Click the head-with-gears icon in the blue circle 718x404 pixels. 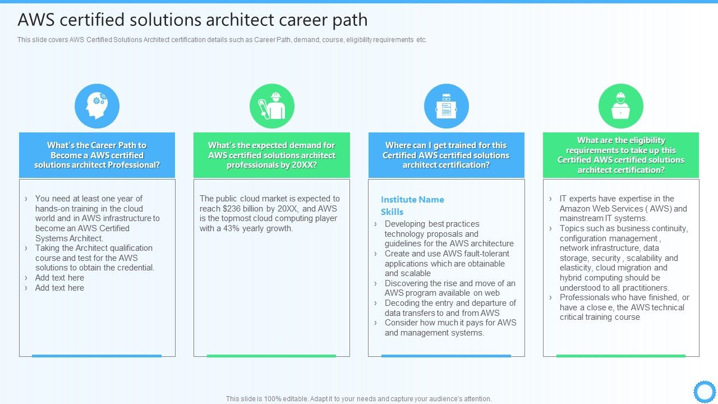point(97,106)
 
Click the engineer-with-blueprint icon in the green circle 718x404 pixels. point(271,106)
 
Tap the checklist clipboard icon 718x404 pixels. point(446,106)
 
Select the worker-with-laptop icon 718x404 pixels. point(620,106)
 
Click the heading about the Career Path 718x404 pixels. point(97,155)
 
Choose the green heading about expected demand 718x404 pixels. point(271,155)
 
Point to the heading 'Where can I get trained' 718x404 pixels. point(446,155)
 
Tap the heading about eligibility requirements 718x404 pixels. point(620,155)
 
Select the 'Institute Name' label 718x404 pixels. point(412,200)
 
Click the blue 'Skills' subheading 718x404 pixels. point(392,212)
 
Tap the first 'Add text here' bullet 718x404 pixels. point(59,278)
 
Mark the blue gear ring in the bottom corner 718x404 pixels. point(705,392)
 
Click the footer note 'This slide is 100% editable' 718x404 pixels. point(358,399)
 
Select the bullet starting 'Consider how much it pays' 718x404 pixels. point(450,328)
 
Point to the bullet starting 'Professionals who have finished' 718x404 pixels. point(624,307)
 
